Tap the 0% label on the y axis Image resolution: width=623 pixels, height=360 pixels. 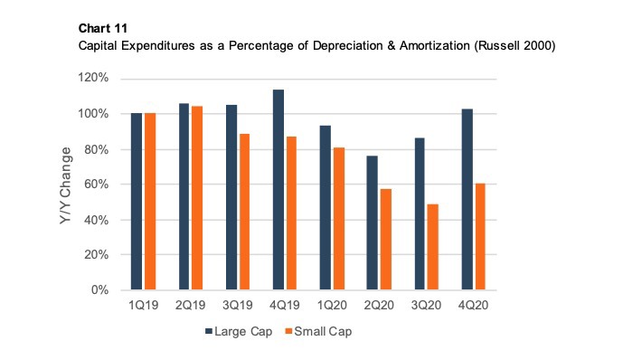(102, 290)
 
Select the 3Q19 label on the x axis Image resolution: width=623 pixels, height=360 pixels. (239, 306)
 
